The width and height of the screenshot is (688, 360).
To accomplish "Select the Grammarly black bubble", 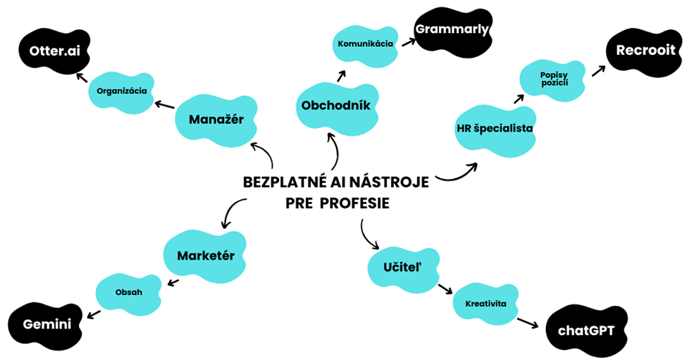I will [452, 30].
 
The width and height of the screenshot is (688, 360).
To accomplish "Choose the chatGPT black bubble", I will [586, 331].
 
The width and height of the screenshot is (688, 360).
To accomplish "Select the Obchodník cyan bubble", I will [340, 105].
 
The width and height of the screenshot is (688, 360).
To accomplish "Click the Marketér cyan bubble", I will [205, 255].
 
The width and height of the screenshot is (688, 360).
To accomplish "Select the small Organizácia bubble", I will [121, 91].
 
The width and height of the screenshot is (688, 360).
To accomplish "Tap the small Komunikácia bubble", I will [365, 43].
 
